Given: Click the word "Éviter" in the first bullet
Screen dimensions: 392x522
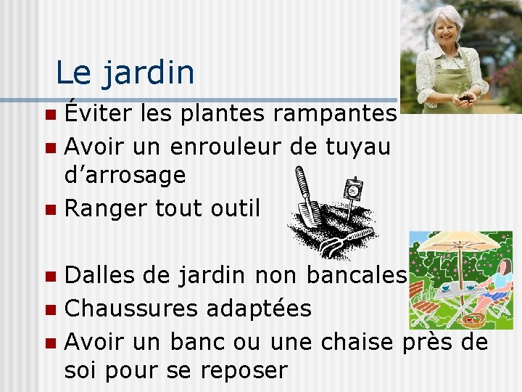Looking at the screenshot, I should (x=90, y=113).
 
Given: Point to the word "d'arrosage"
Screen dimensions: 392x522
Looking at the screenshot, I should (x=125, y=175).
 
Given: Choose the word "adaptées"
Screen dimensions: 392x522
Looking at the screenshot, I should (x=259, y=309).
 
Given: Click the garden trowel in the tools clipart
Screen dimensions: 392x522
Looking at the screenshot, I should (x=307, y=197).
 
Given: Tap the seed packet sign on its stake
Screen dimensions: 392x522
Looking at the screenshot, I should (x=353, y=190).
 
